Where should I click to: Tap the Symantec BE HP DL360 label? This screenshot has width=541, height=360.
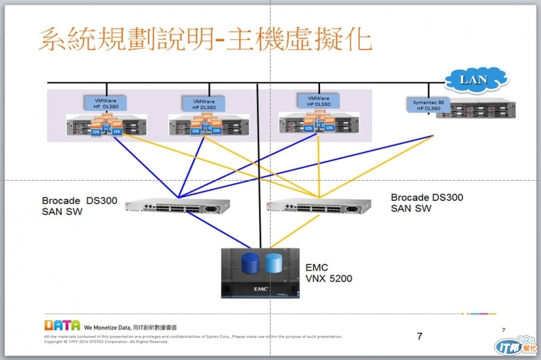point(427,105)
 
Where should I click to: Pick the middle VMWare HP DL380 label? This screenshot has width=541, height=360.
point(199,104)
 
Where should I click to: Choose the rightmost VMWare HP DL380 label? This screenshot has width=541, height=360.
point(314,100)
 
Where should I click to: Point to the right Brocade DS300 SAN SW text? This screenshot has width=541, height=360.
point(427,202)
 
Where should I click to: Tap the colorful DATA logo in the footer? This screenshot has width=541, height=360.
point(62,325)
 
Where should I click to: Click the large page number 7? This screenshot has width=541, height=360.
point(419,336)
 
